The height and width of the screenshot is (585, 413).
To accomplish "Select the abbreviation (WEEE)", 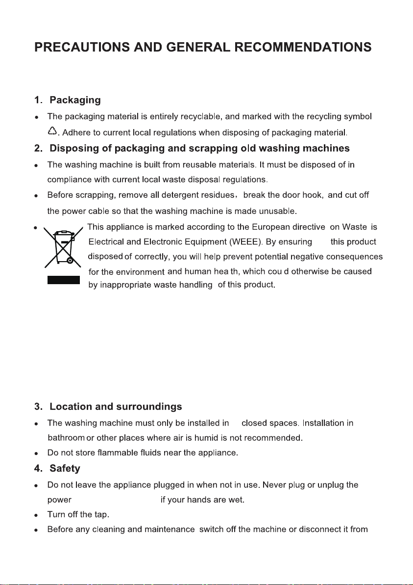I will coord(244,241).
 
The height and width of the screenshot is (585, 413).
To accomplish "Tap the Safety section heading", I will coord(65,468).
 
